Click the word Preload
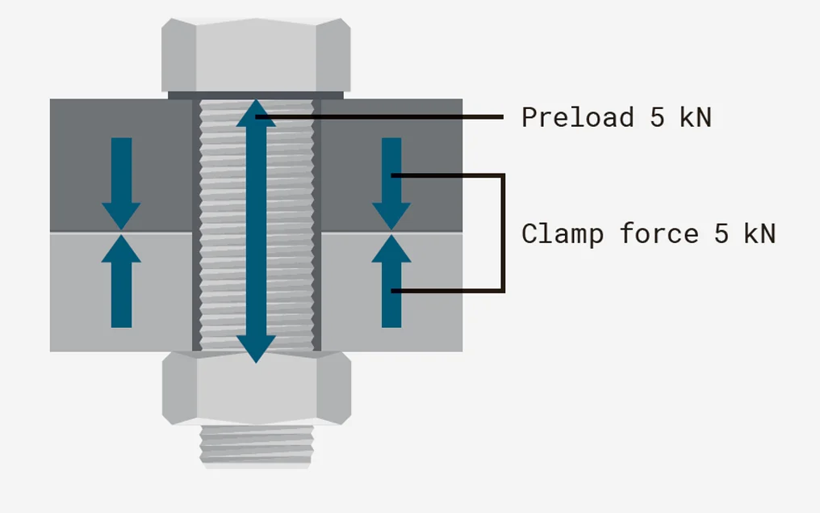577,116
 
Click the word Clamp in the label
563,234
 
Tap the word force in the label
659,233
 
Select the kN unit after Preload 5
696,116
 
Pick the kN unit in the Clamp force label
759,233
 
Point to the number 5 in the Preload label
657,117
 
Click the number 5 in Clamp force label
722,234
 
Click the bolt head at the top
256,55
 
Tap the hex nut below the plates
257,387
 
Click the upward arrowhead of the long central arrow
256,113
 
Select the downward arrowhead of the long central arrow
256,349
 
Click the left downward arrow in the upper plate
121,183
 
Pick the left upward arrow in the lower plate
121,281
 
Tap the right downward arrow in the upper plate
391,183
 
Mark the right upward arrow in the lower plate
391,281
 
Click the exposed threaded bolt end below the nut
257,445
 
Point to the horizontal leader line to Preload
379,117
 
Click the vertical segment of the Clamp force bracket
503,233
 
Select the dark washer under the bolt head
256,95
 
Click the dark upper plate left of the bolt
121,165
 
